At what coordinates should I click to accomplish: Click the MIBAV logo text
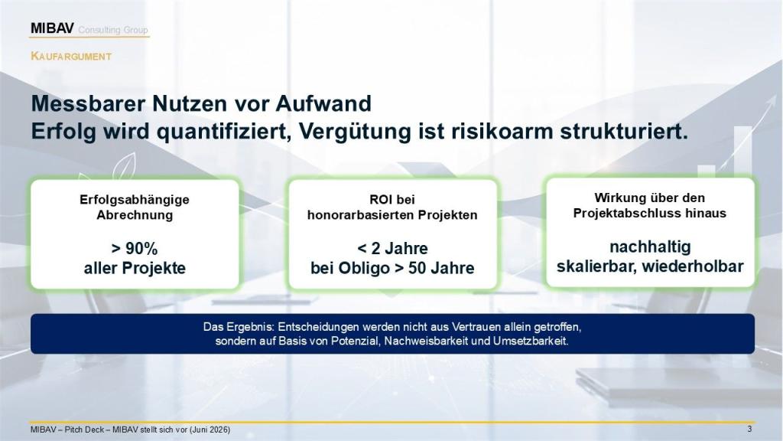[52, 28]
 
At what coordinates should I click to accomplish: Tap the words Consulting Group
[113, 30]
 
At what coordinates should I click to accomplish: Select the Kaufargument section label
[71, 56]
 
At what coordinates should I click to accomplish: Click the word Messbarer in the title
[89, 103]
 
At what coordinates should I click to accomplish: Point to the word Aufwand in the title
[323, 103]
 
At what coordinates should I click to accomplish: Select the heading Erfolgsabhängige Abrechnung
[135, 207]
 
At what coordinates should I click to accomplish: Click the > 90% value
[135, 249]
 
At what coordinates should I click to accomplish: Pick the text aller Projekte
[135, 268]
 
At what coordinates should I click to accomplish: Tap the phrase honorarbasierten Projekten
[392, 215]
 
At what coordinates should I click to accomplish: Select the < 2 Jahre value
[392, 249]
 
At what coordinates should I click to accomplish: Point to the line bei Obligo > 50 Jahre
[392, 268]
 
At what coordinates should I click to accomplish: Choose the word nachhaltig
[650, 247]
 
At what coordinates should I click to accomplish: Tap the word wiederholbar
[693, 266]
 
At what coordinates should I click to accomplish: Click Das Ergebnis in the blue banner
[239, 327]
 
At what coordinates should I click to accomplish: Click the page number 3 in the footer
[749, 429]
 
